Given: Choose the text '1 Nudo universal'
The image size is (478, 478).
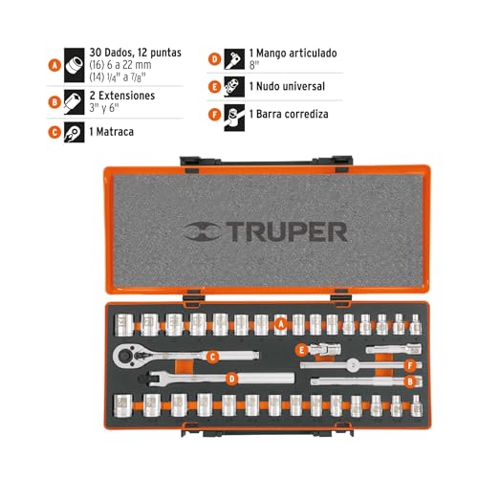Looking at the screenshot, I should coord(288,86).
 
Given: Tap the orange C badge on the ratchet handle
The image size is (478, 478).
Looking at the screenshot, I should coord(213,357).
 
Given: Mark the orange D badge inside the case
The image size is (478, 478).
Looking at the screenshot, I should coord(230,378).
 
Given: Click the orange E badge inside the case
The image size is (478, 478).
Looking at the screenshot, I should coord(300,349).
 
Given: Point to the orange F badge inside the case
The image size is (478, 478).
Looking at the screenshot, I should coord(410,364).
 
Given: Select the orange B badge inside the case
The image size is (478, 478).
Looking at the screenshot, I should coord(411,381).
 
